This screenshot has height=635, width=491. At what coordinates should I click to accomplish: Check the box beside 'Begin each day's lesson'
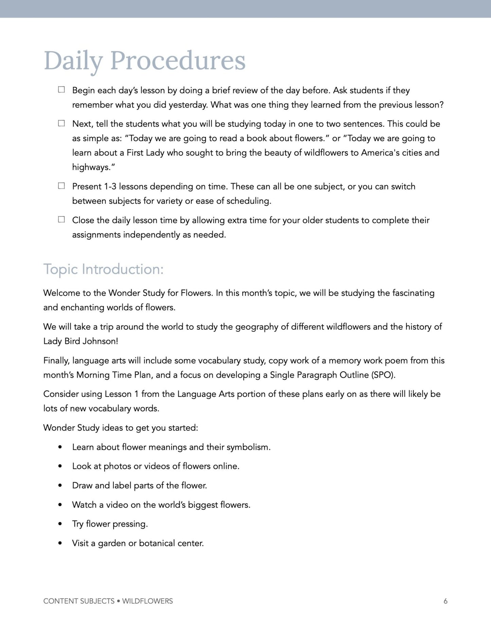coord(62,90)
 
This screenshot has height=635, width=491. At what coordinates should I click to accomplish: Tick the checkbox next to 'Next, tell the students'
coord(62,123)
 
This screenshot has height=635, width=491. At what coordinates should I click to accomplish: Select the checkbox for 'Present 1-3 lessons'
coord(62,186)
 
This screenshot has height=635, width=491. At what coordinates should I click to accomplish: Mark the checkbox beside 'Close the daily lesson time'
coord(62,219)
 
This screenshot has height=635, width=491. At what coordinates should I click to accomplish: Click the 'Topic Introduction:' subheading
coord(103,269)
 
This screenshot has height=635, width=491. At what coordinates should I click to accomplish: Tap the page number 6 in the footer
coord(445,601)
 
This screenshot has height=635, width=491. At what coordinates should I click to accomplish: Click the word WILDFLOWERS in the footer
coord(147,601)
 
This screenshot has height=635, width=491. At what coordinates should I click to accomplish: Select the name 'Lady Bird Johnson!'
coord(81,341)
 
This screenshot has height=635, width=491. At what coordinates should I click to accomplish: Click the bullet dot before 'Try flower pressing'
coord(60,524)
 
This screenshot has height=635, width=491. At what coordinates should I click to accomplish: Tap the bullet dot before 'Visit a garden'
coord(60,543)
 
